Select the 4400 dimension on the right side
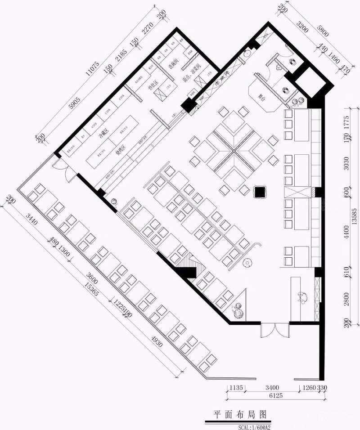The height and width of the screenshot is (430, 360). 346,234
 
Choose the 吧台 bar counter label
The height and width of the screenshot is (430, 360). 261,96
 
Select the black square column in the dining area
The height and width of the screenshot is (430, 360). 260,192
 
